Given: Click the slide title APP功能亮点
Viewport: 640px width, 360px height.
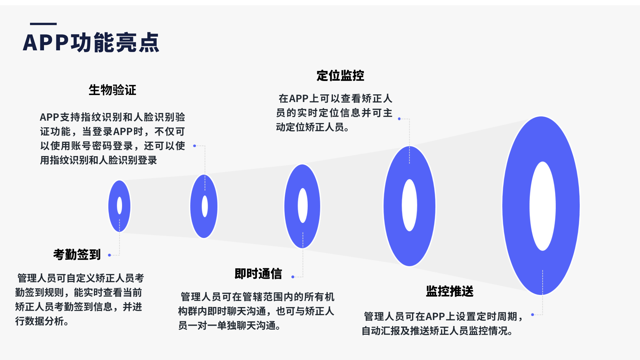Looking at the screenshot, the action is tap(91, 43).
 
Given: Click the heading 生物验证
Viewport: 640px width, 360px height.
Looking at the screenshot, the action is tap(112, 90).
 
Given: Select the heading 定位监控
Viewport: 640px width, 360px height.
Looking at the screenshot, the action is tap(340, 76).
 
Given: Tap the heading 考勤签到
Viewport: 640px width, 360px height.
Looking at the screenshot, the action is tap(77, 255).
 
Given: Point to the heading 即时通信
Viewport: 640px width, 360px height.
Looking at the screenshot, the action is tap(258, 274).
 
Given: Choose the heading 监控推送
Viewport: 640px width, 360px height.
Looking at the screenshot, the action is tap(450, 291).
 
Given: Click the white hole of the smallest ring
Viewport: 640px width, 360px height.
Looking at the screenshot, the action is tap(119, 206).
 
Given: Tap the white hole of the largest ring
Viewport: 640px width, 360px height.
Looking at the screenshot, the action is tap(543, 206).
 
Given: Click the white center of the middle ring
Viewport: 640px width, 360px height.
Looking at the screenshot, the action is tap(303, 205).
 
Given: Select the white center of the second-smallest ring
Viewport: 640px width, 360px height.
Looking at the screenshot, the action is tap(205, 206).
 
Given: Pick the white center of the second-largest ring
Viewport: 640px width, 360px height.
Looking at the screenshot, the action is tap(409, 205).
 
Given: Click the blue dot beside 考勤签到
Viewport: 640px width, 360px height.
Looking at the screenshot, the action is tap(109, 255).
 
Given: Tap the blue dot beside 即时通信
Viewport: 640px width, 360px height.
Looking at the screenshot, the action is tap(293, 277).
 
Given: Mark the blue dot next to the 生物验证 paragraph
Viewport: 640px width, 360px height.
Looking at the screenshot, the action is tap(195, 146).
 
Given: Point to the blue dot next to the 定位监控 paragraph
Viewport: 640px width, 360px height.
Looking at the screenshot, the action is tap(399, 119).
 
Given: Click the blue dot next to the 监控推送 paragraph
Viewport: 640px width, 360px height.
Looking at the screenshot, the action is tap(533, 315).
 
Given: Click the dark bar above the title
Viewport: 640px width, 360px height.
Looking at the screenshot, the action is tap(43, 24).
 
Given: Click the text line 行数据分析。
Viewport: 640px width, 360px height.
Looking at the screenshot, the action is tap(42, 321).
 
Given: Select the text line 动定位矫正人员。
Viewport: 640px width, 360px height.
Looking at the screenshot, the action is tap(313, 127).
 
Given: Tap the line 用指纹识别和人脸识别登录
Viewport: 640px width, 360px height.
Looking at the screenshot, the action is tap(98, 160).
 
